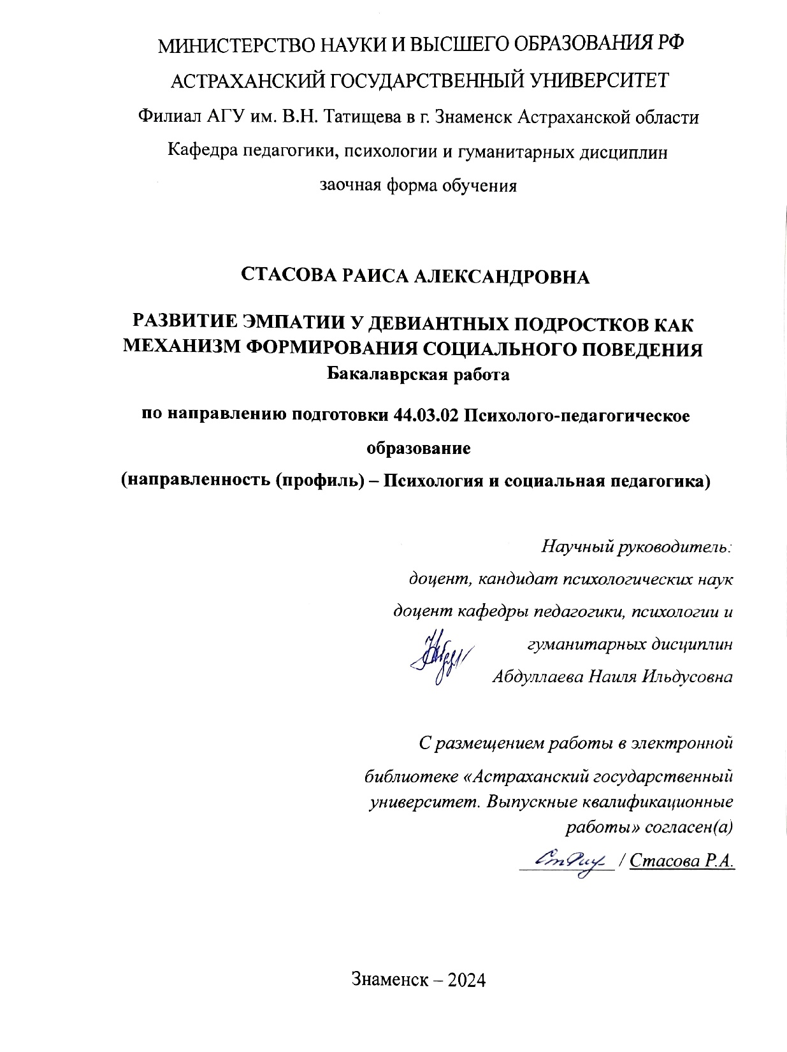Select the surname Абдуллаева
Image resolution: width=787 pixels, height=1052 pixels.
point(539,676)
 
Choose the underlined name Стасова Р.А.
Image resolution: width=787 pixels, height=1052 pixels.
point(682,861)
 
